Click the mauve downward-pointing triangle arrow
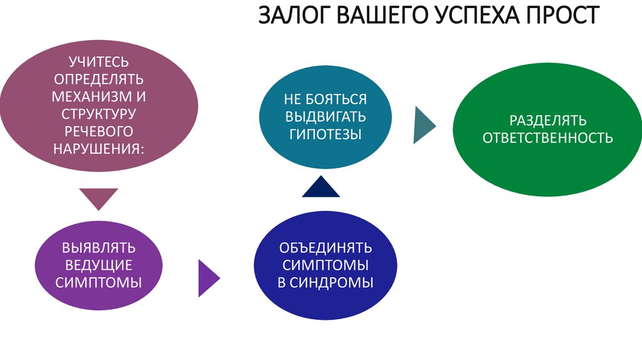99,198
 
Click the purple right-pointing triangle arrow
208,277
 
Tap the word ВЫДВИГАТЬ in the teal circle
325,117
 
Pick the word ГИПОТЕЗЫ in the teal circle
325,134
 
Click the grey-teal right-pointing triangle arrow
424,125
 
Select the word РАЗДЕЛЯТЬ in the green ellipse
547,120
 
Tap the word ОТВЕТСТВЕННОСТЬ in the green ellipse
547,138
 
